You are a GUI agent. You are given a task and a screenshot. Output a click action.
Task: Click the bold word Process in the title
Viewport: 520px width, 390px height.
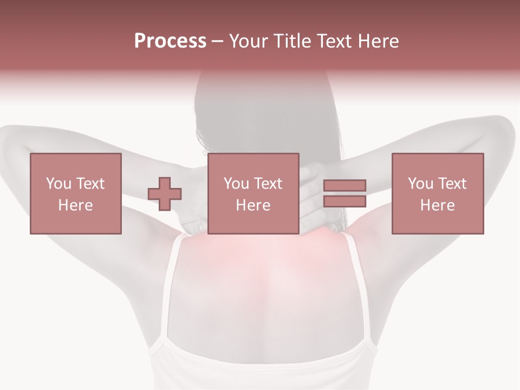tap(170, 41)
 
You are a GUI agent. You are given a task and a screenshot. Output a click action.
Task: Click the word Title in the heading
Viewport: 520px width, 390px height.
tap(290, 41)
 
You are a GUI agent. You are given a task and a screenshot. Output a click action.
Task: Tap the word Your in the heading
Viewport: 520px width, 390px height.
tap(249, 41)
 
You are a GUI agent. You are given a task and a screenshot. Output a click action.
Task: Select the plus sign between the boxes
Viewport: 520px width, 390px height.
tap(165, 194)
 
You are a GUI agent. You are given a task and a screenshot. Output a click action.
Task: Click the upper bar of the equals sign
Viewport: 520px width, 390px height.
tap(344, 185)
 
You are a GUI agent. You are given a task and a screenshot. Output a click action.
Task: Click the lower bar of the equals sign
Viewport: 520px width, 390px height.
tap(344, 201)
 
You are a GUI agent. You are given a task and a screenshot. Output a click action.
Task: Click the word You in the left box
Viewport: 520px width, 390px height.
tap(57, 184)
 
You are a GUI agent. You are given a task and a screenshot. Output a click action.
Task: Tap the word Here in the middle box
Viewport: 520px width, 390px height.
tap(253, 205)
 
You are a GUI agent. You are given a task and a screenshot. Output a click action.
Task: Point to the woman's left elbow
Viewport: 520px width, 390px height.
tap(14, 135)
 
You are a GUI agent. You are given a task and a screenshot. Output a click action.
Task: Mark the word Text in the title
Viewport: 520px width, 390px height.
tap(332, 41)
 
